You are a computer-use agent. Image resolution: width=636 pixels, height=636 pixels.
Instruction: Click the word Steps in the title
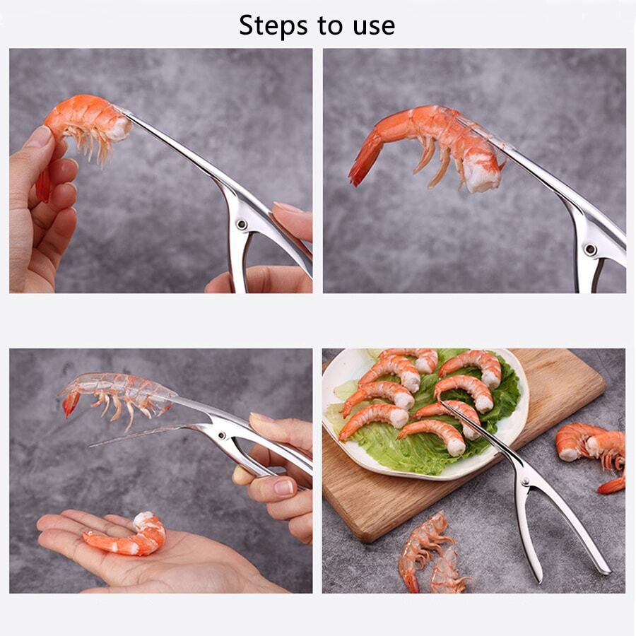(271, 25)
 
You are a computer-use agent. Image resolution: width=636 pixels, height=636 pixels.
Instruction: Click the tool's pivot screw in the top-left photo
(242, 224)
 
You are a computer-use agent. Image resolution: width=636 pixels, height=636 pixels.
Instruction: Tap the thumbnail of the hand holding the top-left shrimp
(40, 136)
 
